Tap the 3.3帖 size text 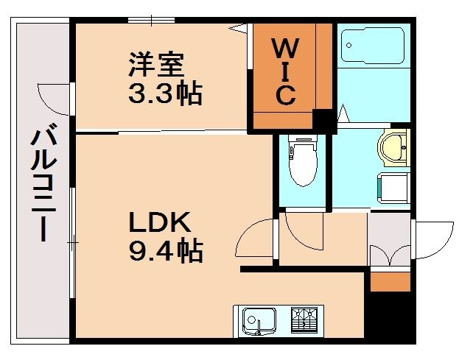[164, 94]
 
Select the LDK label [160, 222]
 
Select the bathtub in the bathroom [373, 46]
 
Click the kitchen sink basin [256, 320]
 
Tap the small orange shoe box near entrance [388, 280]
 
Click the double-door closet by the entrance [388, 243]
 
